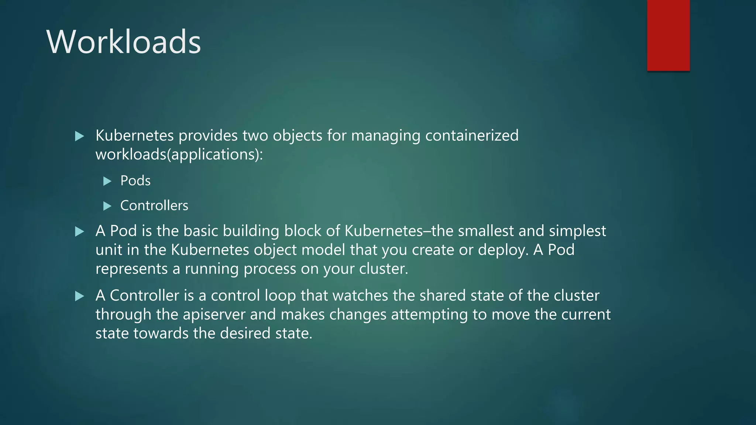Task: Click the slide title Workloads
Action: click(124, 42)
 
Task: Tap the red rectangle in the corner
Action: click(668, 35)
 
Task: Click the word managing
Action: click(385, 136)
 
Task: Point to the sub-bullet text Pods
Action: click(135, 181)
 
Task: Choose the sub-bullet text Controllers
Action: click(154, 205)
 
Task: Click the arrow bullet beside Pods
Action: click(107, 181)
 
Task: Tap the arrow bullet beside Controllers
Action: click(107, 206)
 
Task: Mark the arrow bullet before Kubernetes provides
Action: click(79, 136)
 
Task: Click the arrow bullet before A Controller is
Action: click(79, 296)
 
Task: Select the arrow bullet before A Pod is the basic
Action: click(79, 231)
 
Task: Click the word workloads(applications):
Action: click(179, 155)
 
